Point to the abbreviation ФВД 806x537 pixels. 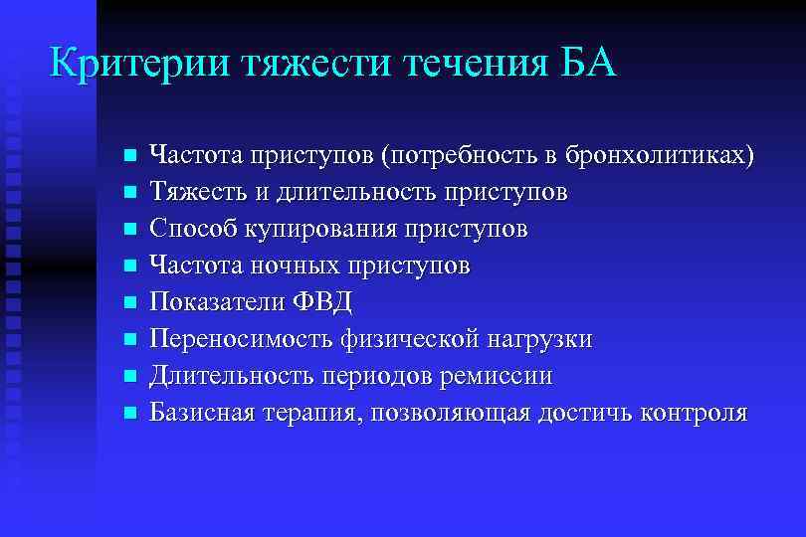pos(324,302)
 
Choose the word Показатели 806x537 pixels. pos(216,302)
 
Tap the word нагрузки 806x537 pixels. pos(538,339)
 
